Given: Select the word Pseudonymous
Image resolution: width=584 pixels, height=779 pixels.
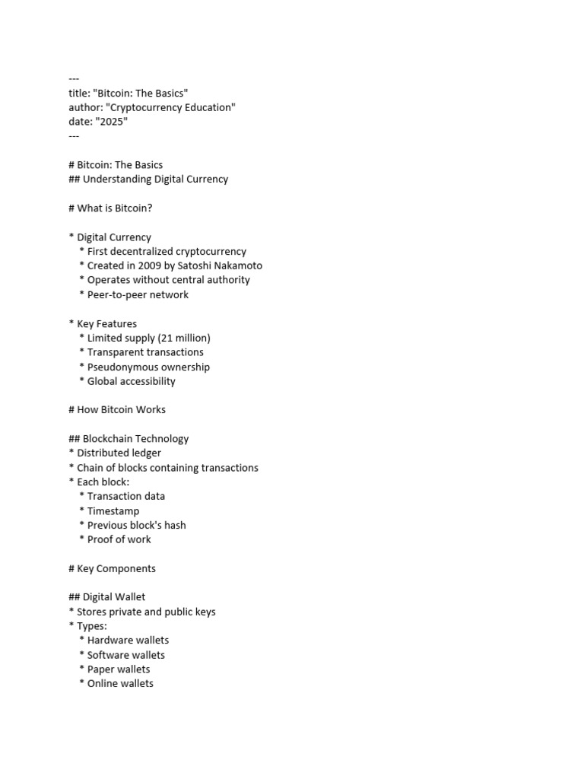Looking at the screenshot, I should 122,367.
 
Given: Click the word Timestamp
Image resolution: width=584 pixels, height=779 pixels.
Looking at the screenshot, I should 113,511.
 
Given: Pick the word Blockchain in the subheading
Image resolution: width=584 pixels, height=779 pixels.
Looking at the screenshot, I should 110,438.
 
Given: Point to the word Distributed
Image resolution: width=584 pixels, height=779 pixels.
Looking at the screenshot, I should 103,453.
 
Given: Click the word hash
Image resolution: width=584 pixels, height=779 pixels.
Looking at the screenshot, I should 174,525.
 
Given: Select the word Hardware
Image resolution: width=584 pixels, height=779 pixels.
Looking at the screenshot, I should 112,640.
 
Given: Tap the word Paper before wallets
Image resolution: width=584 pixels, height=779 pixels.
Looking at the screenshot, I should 101,669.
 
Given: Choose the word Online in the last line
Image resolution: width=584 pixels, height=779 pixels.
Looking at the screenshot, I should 103,683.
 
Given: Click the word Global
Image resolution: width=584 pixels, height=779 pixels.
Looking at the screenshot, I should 103,381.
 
